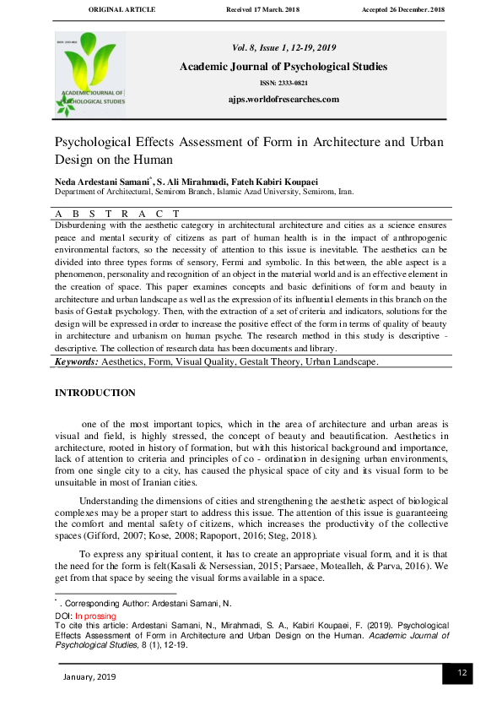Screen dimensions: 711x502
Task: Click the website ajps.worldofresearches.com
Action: pyautogui.click(x=283, y=99)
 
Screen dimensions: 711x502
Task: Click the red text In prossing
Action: pyautogui.click(x=94, y=616)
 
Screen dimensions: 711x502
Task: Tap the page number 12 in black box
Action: pyautogui.click(x=462, y=673)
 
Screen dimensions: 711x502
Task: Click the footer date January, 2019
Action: pyautogui.click(x=89, y=676)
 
